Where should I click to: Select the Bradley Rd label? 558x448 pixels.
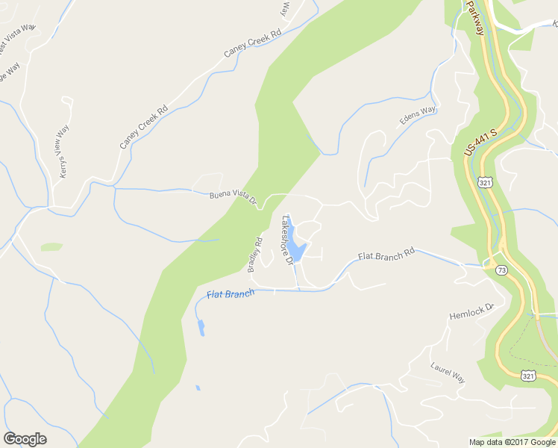(256, 255)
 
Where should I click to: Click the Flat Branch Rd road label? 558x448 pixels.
(386, 255)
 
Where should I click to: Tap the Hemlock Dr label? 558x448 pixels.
(471, 311)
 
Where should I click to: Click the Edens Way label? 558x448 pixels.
(418, 116)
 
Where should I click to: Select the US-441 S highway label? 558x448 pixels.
(480, 143)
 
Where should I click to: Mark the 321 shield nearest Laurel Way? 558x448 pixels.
(528, 375)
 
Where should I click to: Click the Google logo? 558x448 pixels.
(25, 439)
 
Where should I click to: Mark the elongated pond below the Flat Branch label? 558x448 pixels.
(201, 327)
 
